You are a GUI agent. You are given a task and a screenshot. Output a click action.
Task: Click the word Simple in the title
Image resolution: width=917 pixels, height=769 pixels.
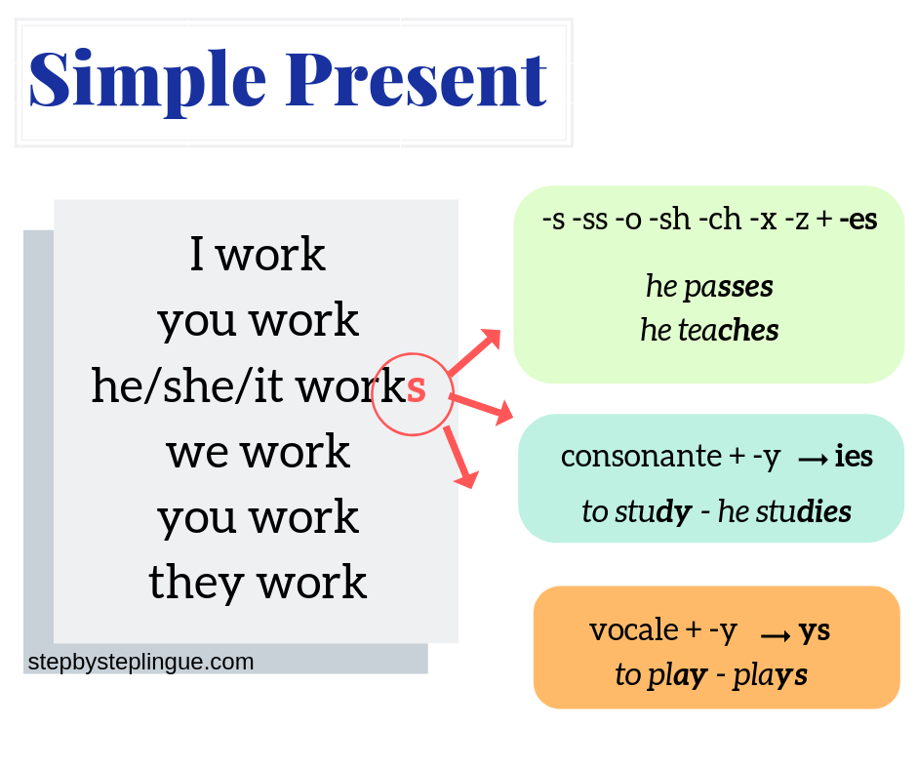(x=147, y=82)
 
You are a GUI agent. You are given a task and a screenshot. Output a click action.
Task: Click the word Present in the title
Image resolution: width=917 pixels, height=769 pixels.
(x=417, y=80)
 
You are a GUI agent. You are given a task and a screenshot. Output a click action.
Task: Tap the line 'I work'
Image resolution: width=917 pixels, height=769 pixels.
(x=258, y=255)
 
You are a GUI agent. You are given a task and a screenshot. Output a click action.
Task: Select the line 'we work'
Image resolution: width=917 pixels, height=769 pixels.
(x=258, y=452)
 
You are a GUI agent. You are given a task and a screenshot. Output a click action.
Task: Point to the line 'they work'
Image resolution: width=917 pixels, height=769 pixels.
(x=258, y=583)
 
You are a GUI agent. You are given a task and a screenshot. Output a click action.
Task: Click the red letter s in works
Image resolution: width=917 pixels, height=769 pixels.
(x=416, y=388)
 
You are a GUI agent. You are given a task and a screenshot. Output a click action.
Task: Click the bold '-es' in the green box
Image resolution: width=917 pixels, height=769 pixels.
(x=857, y=220)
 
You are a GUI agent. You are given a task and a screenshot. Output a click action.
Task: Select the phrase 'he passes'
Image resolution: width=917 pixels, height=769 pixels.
(x=709, y=287)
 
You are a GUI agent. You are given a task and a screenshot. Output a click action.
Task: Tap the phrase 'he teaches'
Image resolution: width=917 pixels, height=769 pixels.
(x=709, y=330)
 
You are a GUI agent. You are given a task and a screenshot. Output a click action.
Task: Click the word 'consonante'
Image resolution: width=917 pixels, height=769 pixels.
(x=641, y=456)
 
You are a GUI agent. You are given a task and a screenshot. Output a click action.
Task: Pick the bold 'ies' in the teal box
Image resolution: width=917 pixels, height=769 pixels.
(x=854, y=456)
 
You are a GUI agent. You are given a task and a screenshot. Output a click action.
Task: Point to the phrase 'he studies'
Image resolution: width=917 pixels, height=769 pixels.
(x=784, y=511)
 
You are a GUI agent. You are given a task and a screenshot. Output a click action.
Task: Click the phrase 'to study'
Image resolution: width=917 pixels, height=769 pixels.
(x=637, y=512)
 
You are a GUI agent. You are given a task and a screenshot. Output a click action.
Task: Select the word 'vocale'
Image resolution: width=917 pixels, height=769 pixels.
(x=634, y=630)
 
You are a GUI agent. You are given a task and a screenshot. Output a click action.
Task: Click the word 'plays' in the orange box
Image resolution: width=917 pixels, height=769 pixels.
(x=771, y=676)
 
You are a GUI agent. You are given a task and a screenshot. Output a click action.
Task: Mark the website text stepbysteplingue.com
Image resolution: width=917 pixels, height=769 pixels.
(x=140, y=663)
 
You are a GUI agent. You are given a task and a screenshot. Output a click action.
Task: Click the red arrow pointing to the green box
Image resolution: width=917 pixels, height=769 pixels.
(x=474, y=352)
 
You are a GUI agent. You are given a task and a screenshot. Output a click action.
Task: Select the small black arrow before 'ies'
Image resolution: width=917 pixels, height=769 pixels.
(x=813, y=460)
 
